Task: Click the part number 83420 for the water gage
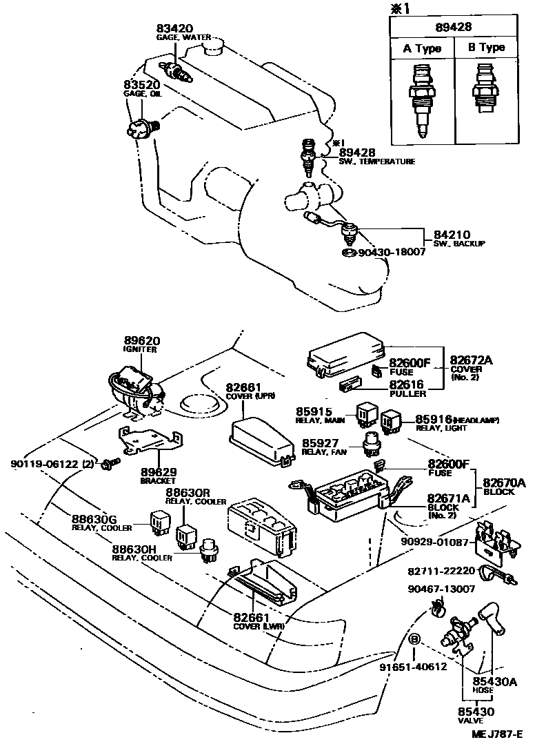[175, 29]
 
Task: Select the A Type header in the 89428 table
[421, 48]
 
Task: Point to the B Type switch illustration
[485, 92]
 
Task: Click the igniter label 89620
[143, 341]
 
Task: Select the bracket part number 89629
[159, 472]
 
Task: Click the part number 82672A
[472, 360]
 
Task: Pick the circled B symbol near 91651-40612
[414, 639]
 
